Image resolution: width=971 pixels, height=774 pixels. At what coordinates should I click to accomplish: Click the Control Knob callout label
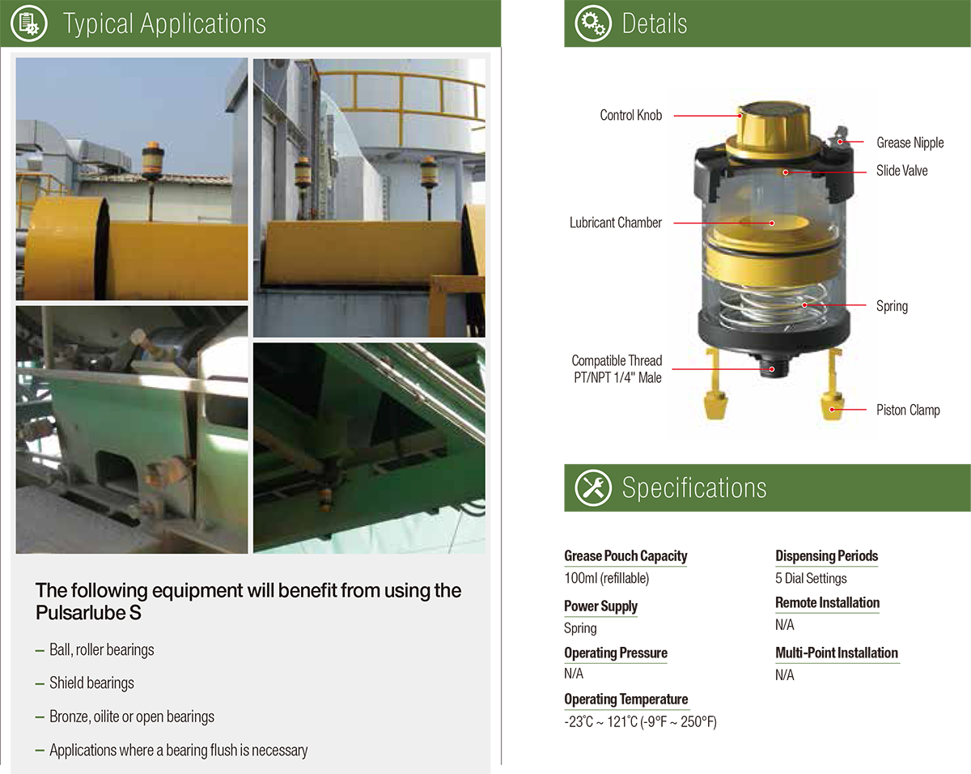pyautogui.click(x=630, y=115)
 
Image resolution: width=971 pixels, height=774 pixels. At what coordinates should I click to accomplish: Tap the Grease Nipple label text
pyautogui.click(x=910, y=142)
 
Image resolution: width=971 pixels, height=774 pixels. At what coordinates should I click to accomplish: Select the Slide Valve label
pyautogui.click(x=901, y=171)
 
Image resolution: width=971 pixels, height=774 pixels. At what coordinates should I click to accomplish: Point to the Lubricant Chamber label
pyautogui.click(x=616, y=223)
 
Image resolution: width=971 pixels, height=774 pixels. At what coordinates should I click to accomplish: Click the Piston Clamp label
pyautogui.click(x=908, y=410)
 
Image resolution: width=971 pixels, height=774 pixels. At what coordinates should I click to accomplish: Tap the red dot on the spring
pyautogui.click(x=804, y=305)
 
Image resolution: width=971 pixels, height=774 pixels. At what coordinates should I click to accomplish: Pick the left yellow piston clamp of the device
pyautogui.click(x=715, y=384)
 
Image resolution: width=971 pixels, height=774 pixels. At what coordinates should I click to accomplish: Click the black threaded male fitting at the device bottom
pyautogui.click(x=774, y=365)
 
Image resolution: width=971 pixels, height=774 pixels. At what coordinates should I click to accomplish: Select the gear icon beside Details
pyautogui.click(x=593, y=23)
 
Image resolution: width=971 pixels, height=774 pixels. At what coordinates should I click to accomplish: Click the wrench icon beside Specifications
pyautogui.click(x=593, y=487)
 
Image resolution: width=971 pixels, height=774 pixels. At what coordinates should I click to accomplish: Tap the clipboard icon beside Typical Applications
pyautogui.click(x=29, y=23)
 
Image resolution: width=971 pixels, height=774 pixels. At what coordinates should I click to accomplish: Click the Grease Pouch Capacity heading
pyautogui.click(x=625, y=556)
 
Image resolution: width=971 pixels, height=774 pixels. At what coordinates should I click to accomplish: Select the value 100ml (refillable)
pyautogui.click(x=606, y=578)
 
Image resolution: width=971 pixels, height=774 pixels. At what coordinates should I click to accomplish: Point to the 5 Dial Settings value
pyautogui.click(x=811, y=578)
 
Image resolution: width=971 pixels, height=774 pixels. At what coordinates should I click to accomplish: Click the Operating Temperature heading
pyautogui.click(x=625, y=700)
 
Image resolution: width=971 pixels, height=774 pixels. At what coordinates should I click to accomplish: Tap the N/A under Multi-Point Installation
pyautogui.click(x=784, y=675)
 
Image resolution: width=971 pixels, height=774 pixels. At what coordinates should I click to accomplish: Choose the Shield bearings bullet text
pyautogui.click(x=91, y=683)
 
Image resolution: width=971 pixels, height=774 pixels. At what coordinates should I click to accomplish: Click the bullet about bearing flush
pyautogui.click(x=178, y=750)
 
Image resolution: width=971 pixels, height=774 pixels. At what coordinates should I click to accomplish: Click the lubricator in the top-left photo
pyautogui.click(x=152, y=161)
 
